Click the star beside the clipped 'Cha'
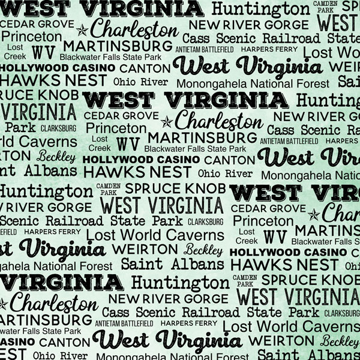click(x=313, y=214)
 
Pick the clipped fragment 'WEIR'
click(x=344, y=67)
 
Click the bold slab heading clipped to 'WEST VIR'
click(x=295, y=193)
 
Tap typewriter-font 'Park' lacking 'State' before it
click(x=21, y=127)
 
